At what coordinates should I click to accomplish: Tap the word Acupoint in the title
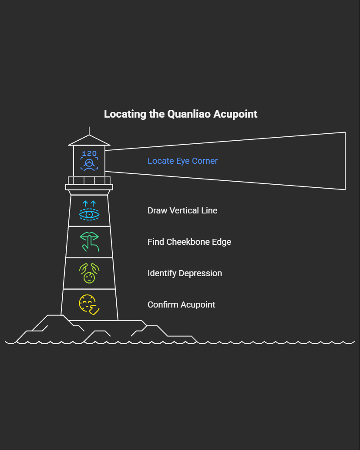237,114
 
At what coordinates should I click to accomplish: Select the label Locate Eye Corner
182,161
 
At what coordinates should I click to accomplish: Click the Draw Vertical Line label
182,210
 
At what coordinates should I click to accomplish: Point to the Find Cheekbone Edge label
189,242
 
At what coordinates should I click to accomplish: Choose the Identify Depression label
185,273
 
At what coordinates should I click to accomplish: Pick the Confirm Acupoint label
181,305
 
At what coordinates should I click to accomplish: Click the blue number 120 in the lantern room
89,153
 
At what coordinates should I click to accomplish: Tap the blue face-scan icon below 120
89,164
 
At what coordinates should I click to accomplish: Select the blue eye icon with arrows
89,211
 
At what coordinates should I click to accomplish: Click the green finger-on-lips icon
89,242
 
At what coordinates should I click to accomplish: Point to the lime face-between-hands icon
89,274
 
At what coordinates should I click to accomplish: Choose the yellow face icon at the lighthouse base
89,305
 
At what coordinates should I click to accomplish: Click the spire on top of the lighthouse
89,130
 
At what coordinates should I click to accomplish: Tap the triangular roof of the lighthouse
89,140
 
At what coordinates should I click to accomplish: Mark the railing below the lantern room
89,180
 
